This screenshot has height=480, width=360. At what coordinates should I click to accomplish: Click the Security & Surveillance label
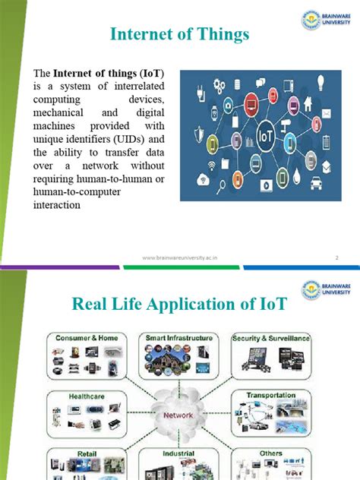coord(271,336)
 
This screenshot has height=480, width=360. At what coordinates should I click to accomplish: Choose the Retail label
coord(74,453)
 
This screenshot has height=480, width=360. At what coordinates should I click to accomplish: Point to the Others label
coord(270,453)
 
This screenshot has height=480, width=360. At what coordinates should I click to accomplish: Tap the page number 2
coord(336,258)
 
